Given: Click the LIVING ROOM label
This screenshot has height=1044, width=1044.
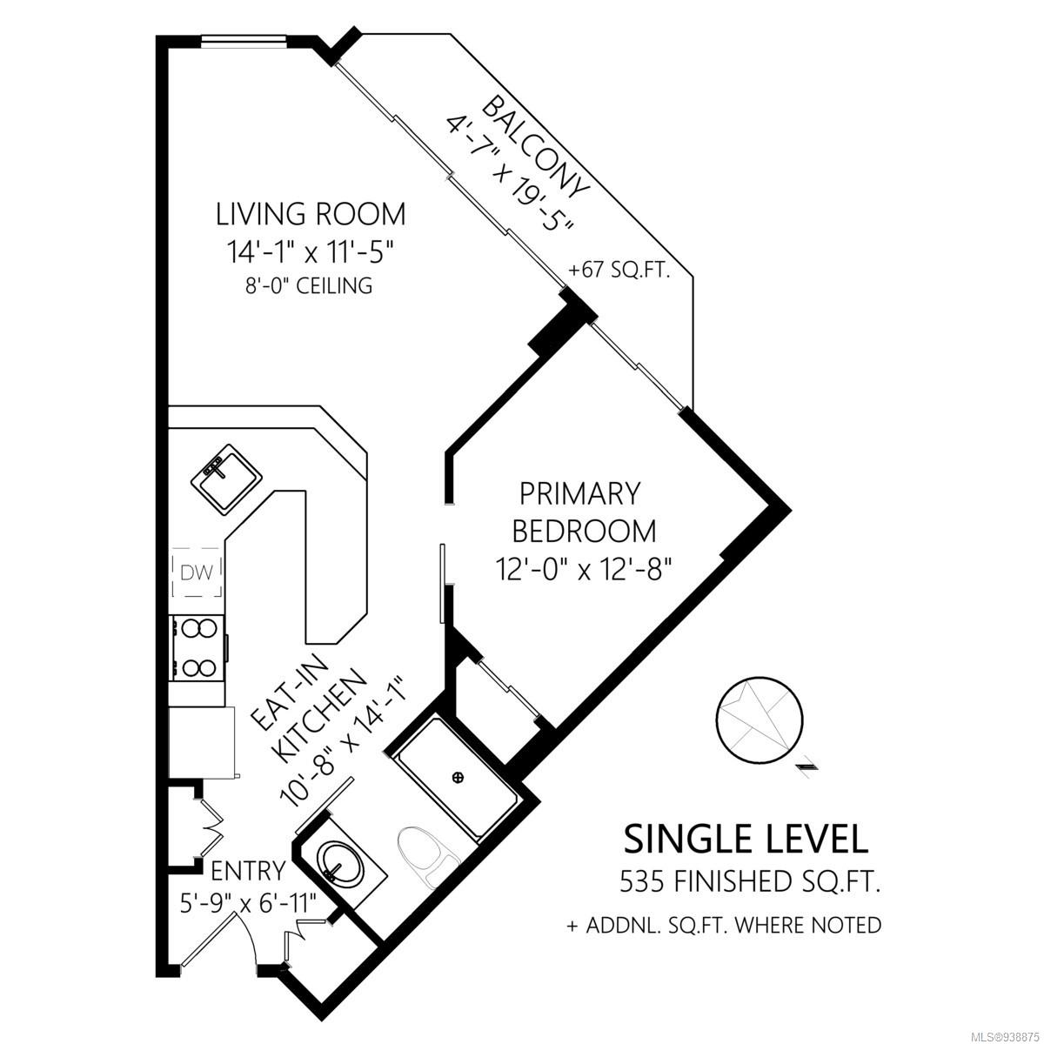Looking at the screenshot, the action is tap(311, 214).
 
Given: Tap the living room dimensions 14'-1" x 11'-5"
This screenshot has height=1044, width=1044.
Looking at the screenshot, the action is tap(309, 252).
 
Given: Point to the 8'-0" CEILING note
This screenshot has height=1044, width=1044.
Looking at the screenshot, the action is tap(309, 285).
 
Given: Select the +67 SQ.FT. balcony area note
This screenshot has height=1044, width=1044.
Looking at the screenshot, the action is tap(619, 270).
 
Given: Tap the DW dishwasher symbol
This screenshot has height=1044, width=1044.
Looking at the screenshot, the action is tap(197, 572).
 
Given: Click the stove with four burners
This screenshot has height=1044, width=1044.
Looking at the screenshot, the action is tap(197, 648).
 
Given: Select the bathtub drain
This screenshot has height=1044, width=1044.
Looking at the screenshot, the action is tap(458, 778).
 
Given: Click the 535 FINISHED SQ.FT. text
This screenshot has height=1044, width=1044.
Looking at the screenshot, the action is tap(750, 882).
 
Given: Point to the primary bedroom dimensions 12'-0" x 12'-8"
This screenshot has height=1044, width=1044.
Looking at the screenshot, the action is tap(584, 569).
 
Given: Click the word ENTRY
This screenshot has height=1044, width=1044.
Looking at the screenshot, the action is tap(248, 871).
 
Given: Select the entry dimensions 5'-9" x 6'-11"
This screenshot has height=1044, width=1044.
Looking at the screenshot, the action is tap(249, 903).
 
